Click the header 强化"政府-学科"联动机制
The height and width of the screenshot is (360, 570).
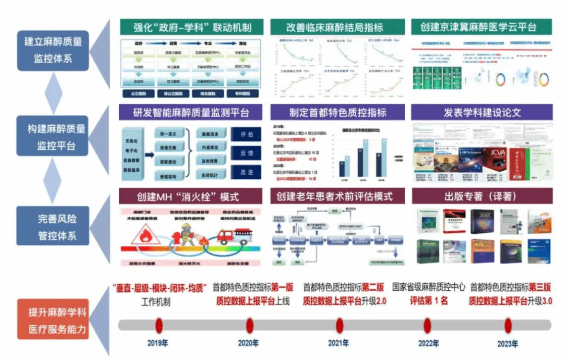tap(192, 27)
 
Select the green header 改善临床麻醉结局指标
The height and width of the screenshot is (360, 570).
tap(337, 27)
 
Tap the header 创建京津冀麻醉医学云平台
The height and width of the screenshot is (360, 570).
tap(481, 27)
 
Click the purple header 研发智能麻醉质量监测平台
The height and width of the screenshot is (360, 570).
tap(192, 112)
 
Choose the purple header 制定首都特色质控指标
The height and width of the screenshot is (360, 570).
tap(337, 112)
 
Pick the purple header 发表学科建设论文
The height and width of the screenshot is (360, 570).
tap(482, 112)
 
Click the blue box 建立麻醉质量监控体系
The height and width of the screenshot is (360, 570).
tap(53, 49)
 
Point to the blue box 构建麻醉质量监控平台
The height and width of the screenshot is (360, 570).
tap(53, 137)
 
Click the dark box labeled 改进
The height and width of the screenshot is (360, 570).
tap(247, 172)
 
